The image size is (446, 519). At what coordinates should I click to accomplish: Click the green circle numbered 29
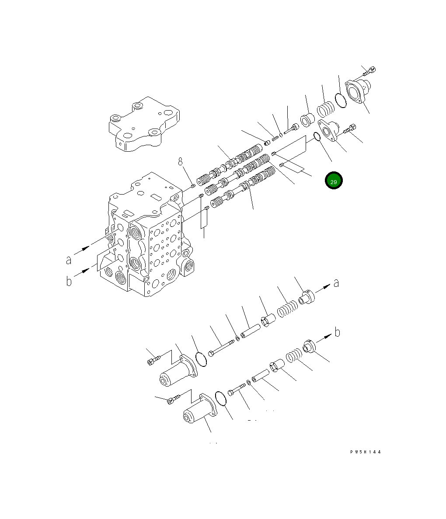[x=334, y=181]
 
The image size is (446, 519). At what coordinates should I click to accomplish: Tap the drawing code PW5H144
[x=365, y=452]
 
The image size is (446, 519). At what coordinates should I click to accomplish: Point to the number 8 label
[x=180, y=162]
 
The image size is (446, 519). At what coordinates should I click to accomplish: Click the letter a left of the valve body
[x=69, y=260]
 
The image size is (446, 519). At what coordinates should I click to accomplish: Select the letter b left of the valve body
[x=69, y=281]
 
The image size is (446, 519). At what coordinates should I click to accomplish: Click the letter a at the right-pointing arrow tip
[x=336, y=283]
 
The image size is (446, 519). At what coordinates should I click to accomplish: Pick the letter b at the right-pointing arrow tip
[x=337, y=333]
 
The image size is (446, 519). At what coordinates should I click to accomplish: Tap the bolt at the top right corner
[x=369, y=71]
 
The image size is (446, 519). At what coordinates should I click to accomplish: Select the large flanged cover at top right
[x=356, y=92]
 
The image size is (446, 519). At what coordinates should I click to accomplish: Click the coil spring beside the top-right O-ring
[x=325, y=109]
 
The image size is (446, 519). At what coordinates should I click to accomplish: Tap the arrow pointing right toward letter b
[x=324, y=339]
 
